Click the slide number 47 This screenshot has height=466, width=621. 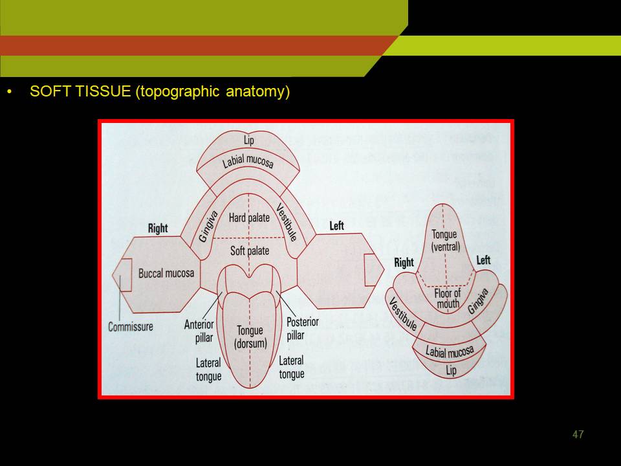click(x=578, y=434)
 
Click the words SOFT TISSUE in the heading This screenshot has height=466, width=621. click(x=80, y=91)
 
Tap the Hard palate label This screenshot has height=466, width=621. click(x=249, y=217)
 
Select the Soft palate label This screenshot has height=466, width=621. click(x=250, y=251)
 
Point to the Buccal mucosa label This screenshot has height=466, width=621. click(x=166, y=273)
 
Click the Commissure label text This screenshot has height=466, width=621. click(x=131, y=327)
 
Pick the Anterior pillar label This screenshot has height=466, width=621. click(x=199, y=331)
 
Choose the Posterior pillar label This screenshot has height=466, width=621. click(x=303, y=329)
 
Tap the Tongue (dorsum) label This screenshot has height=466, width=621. click(x=250, y=337)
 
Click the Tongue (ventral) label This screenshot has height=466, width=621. click(x=446, y=241)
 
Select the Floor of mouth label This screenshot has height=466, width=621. click(x=448, y=298)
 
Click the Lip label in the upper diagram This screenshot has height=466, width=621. click(x=248, y=140)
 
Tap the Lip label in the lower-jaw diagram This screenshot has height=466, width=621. click(x=451, y=370)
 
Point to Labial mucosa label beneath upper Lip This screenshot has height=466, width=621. click(x=248, y=162)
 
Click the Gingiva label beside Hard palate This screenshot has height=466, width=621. click(x=208, y=227)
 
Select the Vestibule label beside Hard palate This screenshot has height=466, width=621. click(x=287, y=222)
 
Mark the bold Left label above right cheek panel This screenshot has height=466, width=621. click(x=336, y=226)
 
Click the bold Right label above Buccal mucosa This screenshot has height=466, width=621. click(x=158, y=228)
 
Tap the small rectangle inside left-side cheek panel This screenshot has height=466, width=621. click(x=126, y=275)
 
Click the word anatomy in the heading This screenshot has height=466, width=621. click(x=258, y=91)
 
